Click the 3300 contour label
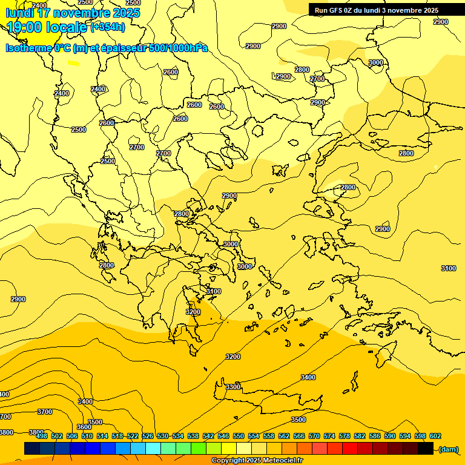[x=233, y=387]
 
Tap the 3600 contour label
[x=84, y=427]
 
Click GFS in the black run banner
[x=337, y=10]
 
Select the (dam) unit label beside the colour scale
[x=448, y=449]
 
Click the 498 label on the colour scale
[x=42, y=436]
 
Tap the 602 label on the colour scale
[x=435, y=436]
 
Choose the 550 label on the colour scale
[x=239, y=436]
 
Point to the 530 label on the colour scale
[x=163, y=436]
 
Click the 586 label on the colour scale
[x=375, y=436]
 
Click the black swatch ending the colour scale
[x=426, y=449]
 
